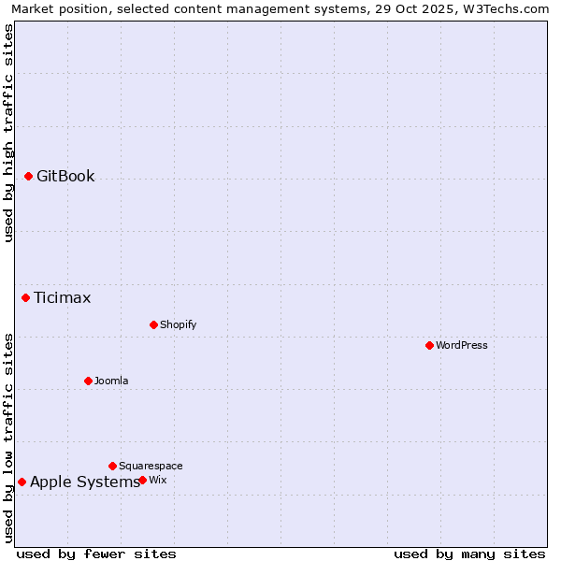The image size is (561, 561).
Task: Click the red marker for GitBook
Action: click(29, 176)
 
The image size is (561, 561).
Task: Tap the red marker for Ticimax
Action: click(26, 297)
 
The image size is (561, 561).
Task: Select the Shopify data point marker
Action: click(153, 324)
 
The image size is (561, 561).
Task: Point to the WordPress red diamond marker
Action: click(429, 345)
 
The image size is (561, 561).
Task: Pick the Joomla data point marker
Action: click(88, 381)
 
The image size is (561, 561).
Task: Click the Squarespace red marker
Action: click(112, 466)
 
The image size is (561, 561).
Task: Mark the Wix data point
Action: click(142, 480)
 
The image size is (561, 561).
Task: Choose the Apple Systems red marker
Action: click(22, 482)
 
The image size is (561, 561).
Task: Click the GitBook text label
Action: click(65, 176)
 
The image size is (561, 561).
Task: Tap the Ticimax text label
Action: click(63, 297)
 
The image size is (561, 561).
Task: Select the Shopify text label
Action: click(178, 324)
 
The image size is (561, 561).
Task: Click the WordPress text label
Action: click(461, 345)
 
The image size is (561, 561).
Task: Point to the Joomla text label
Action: click(111, 381)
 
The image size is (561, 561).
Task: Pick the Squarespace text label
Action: click(151, 466)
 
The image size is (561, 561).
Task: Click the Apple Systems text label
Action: click(85, 482)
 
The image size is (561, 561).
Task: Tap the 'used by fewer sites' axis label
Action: click(96, 554)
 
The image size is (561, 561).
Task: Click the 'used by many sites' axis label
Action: click(469, 554)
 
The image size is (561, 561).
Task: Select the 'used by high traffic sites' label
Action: click(8, 133)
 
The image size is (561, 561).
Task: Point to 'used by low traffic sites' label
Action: click(8, 438)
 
